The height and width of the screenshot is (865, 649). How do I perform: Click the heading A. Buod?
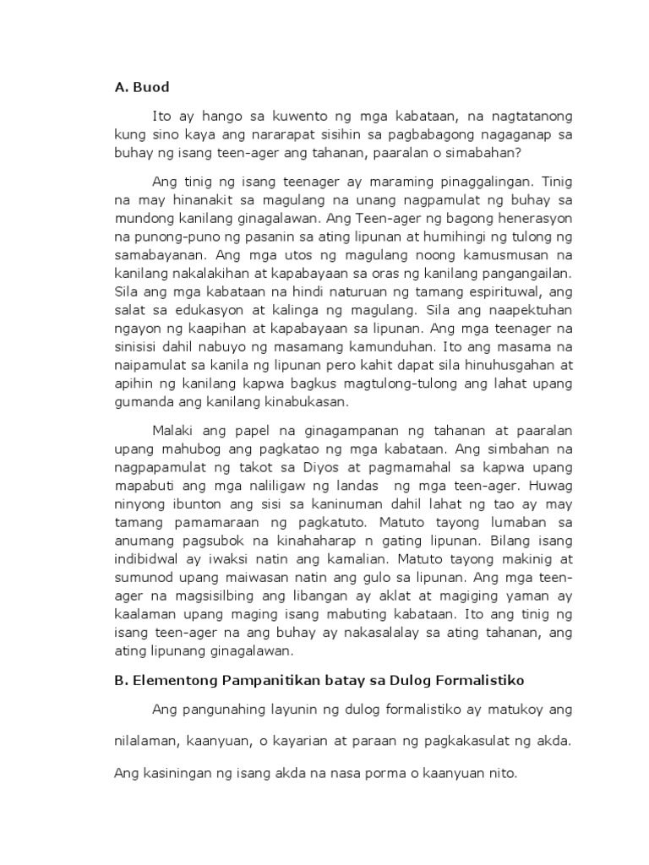141,86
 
